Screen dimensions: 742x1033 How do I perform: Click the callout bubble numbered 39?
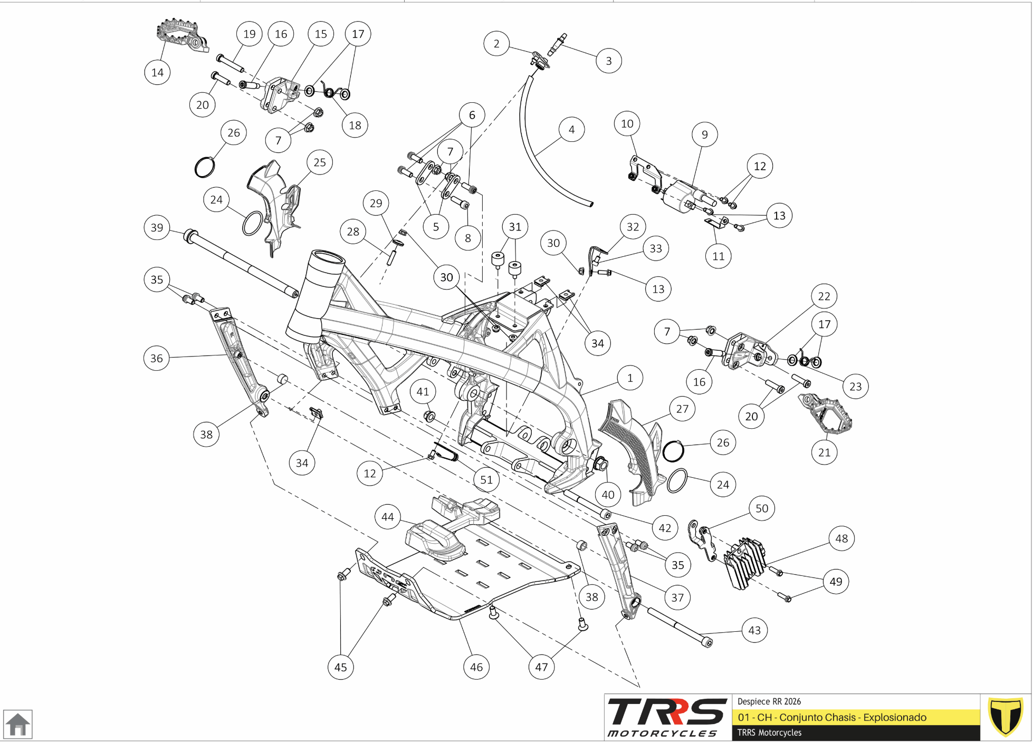pos(157,227)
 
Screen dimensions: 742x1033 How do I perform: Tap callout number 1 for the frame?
pos(630,378)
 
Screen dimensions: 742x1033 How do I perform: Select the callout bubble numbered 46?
pos(476,667)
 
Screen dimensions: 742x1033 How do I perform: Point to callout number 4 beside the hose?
pos(571,129)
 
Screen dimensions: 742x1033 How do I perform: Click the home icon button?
pos(18,724)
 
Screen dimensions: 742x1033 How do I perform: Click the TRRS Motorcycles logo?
pos(667,717)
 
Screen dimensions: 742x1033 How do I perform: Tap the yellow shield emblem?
pos(1005,717)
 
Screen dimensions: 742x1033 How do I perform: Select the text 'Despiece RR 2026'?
pos(769,701)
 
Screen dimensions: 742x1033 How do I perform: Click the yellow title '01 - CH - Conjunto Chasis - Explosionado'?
pos(832,717)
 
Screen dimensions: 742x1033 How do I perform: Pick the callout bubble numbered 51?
pos(486,480)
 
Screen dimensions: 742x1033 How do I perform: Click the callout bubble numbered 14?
pos(157,72)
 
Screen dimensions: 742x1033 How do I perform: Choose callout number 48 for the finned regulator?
pos(841,538)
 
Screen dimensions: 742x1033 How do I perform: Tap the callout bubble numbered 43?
pos(754,630)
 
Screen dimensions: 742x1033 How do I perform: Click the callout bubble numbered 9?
pos(704,134)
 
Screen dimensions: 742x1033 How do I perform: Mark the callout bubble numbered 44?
pos(388,517)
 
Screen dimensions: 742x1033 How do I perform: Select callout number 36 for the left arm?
pos(157,358)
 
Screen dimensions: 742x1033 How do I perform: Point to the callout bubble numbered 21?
pos(824,452)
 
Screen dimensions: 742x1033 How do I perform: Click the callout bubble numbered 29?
pos(376,203)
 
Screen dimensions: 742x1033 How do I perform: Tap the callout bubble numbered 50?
pos(762,508)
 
